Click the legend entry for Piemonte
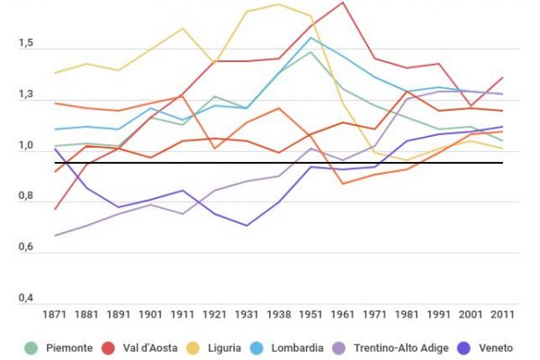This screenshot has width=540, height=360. [x=66, y=347]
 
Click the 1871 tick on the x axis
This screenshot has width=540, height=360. [x=55, y=315]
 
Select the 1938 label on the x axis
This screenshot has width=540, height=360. [x=279, y=315]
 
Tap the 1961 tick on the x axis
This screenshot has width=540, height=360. [x=343, y=315]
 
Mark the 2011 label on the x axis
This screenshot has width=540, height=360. [x=502, y=315]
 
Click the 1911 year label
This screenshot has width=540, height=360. [x=183, y=315]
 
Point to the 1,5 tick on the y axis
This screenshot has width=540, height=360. [x=23, y=44]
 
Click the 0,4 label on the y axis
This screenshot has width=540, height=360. [x=23, y=299]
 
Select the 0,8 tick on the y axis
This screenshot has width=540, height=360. [x=23, y=197]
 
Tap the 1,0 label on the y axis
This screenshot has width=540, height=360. [x=23, y=146]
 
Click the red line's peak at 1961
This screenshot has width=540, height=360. [x=343, y=3]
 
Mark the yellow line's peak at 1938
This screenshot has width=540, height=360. [x=279, y=4]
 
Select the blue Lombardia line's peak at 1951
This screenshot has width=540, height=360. [x=310, y=37]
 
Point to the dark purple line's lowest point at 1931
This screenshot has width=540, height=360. [x=247, y=226]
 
